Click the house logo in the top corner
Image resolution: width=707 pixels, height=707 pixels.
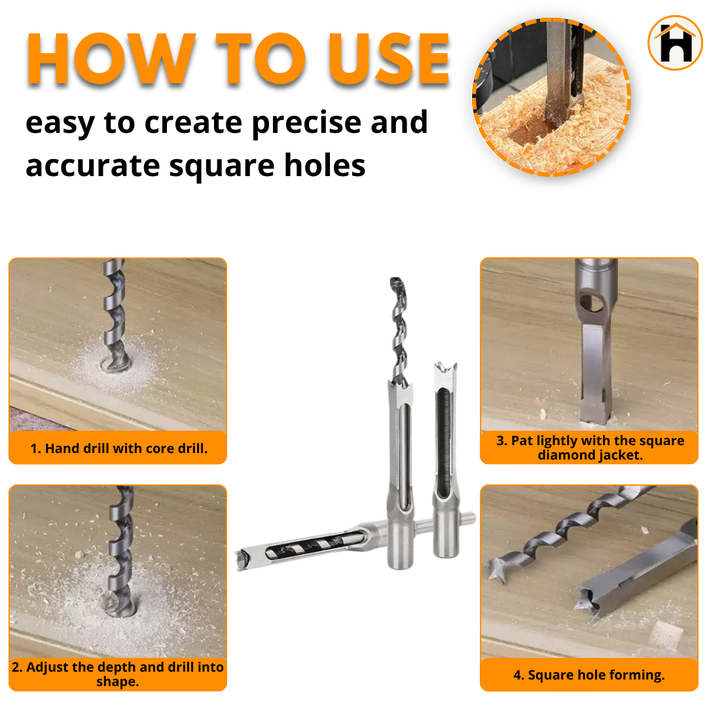click(674, 43)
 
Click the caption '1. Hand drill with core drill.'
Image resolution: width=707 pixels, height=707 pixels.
click(118, 449)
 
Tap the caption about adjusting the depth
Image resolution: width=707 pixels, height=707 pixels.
click(118, 674)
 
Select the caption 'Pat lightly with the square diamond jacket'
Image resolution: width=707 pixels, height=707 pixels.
click(589, 448)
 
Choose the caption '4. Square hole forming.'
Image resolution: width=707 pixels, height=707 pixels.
click(589, 675)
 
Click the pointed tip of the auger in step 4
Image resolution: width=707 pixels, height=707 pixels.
click(492, 571)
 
